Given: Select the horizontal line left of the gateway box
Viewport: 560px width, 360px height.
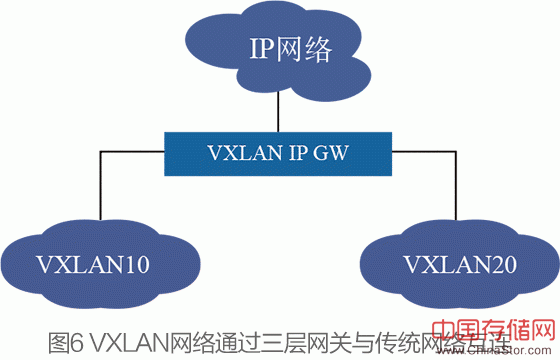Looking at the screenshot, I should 130,153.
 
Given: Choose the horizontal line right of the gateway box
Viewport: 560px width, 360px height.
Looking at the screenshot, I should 420,153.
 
